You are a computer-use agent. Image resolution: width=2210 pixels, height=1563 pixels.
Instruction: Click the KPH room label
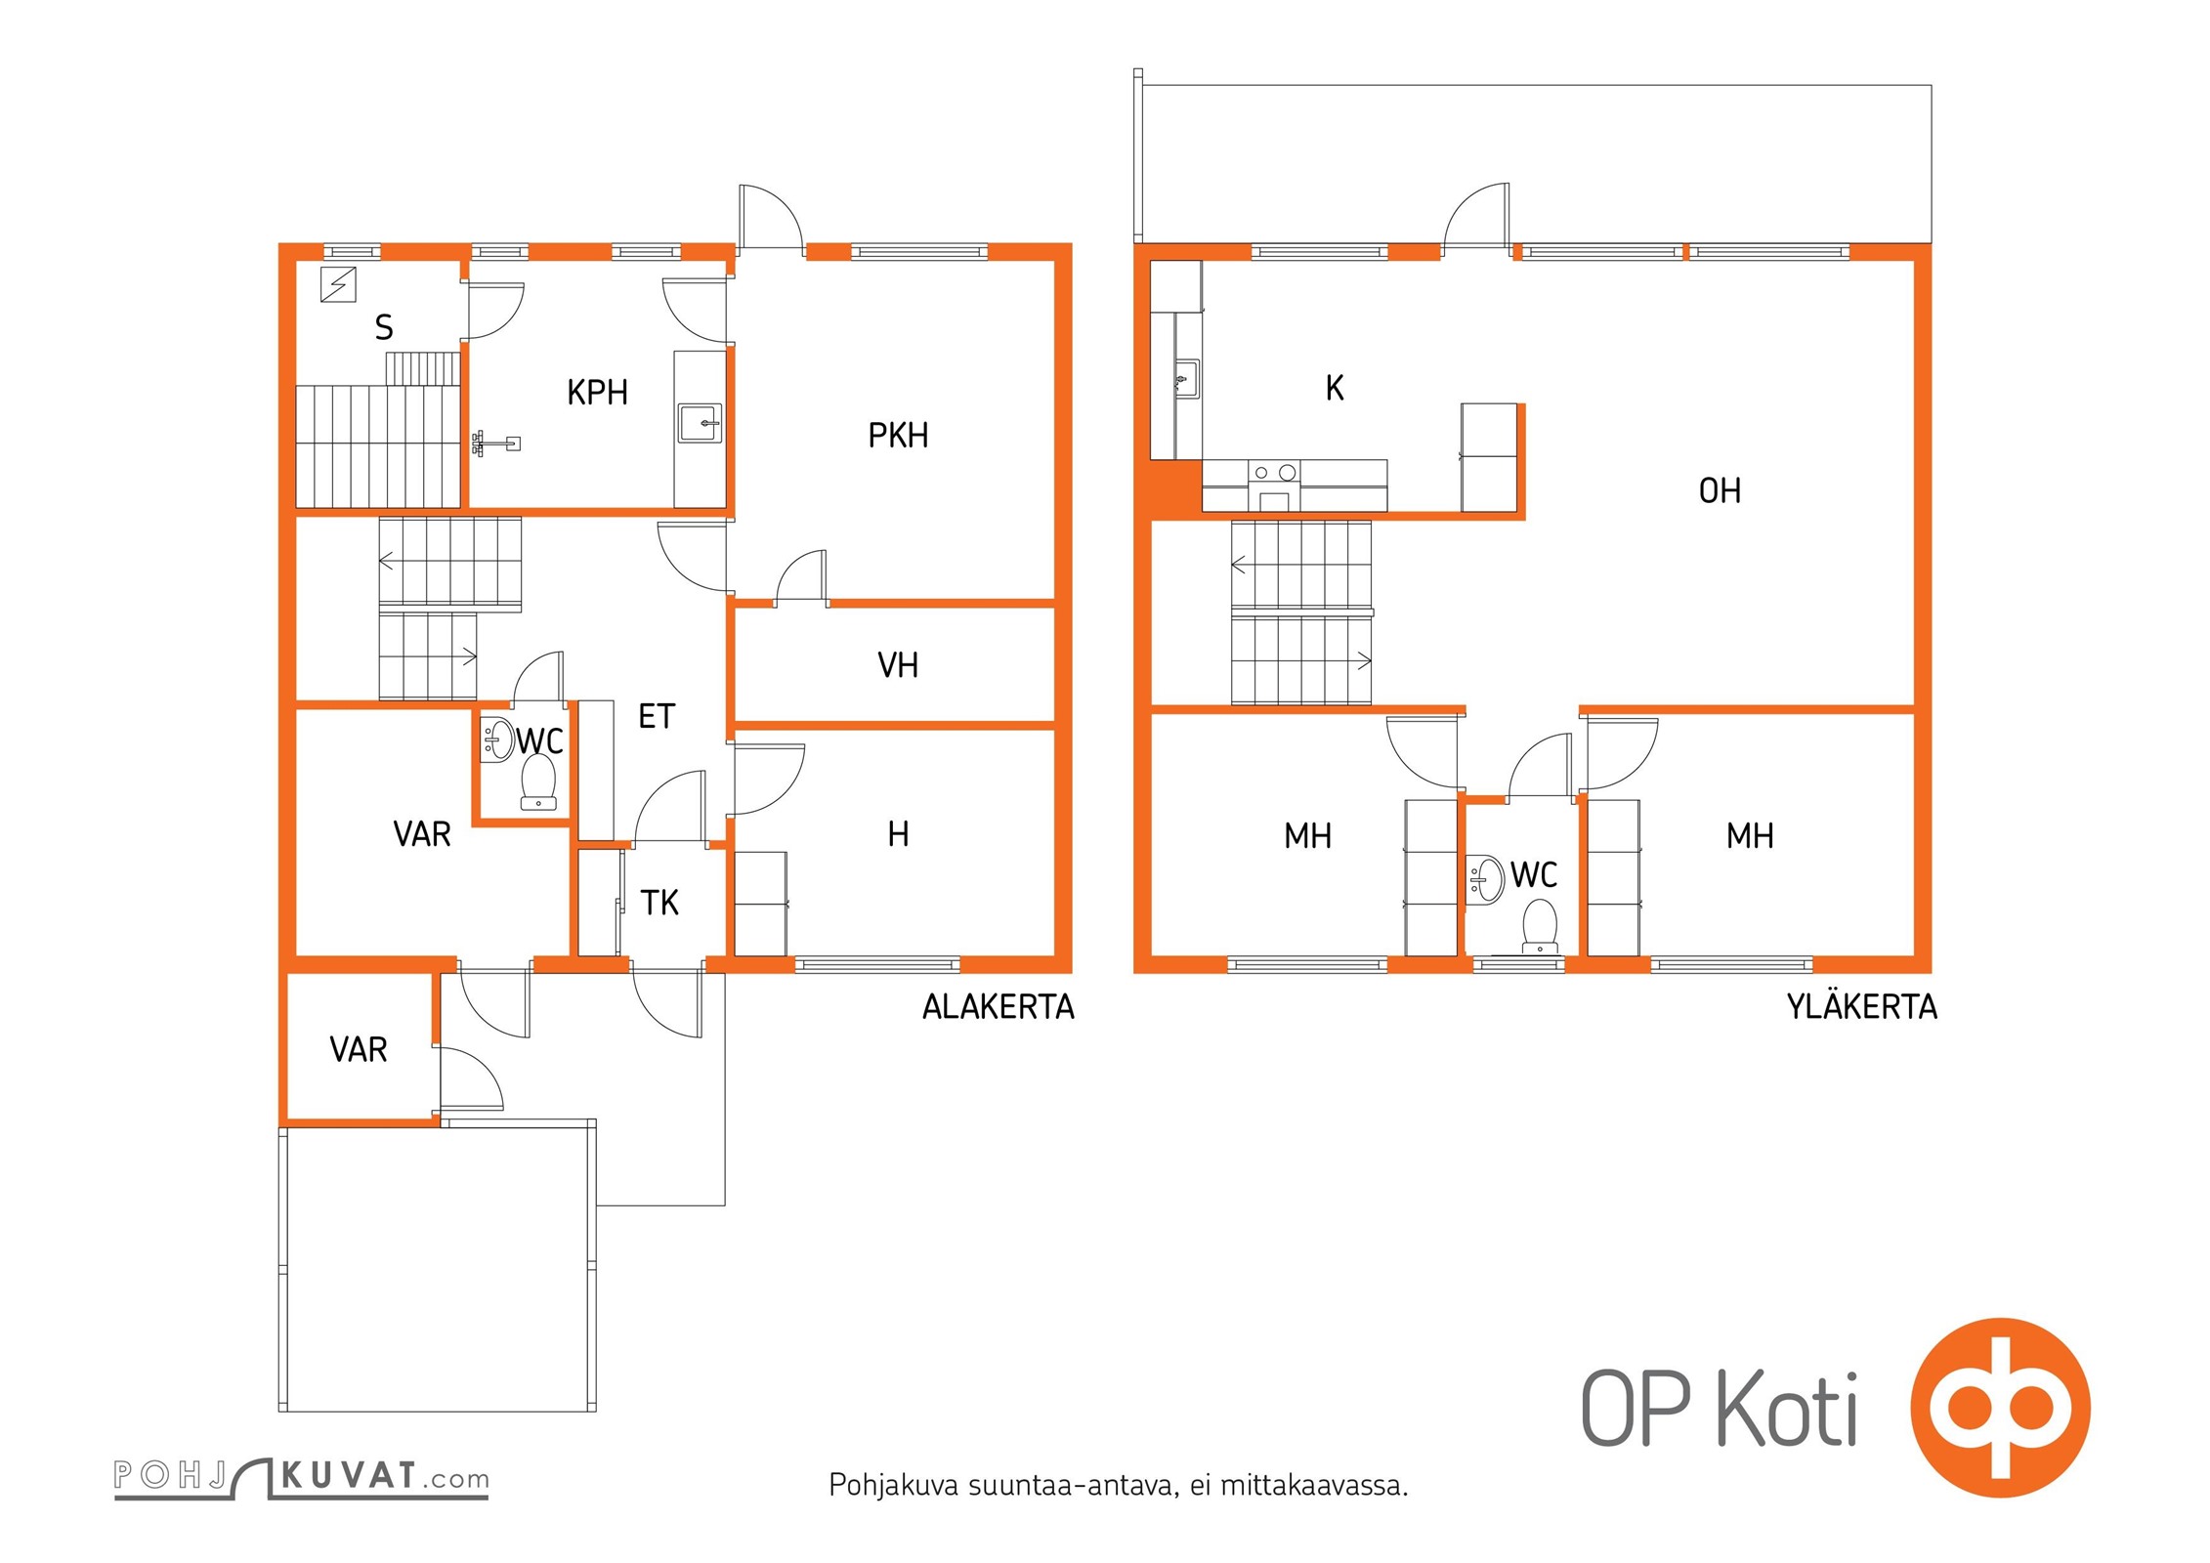coord(597,393)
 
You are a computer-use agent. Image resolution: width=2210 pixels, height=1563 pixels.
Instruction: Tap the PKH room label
coord(898,436)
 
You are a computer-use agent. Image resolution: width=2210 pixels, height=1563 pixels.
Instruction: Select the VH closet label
coord(898,665)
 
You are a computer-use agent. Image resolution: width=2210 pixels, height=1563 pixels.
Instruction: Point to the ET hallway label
coord(657,716)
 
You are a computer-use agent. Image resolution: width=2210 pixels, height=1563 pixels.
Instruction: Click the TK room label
coord(659,903)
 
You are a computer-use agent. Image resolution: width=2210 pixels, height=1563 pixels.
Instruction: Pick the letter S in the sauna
coord(384,327)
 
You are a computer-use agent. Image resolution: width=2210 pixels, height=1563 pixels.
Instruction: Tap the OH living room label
coord(1720,490)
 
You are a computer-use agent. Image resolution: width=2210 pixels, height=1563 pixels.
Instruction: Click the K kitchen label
coord(1335,388)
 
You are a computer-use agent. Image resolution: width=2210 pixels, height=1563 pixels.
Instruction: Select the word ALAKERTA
coord(999,1007)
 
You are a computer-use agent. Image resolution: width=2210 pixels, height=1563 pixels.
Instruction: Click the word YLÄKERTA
coord(1862,1006)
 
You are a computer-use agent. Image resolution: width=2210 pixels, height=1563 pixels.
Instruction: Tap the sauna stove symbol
coord(338,284)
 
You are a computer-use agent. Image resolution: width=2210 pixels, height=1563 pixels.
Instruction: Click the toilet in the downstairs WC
coord(538,781)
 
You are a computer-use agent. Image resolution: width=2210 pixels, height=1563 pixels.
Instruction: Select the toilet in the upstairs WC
coord(1540,926)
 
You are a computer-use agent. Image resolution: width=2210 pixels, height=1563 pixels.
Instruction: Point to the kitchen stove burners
coord(1274,473)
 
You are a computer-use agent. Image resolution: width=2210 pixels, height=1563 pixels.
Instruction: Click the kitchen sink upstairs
coord(1186,378)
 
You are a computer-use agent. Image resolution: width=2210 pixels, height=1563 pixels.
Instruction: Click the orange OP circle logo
coord(2001,1408)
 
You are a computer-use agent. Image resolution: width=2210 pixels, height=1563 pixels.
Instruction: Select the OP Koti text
coord(1720,1408)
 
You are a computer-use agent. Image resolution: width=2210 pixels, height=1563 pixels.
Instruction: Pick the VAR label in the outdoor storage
coord(359,1050)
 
